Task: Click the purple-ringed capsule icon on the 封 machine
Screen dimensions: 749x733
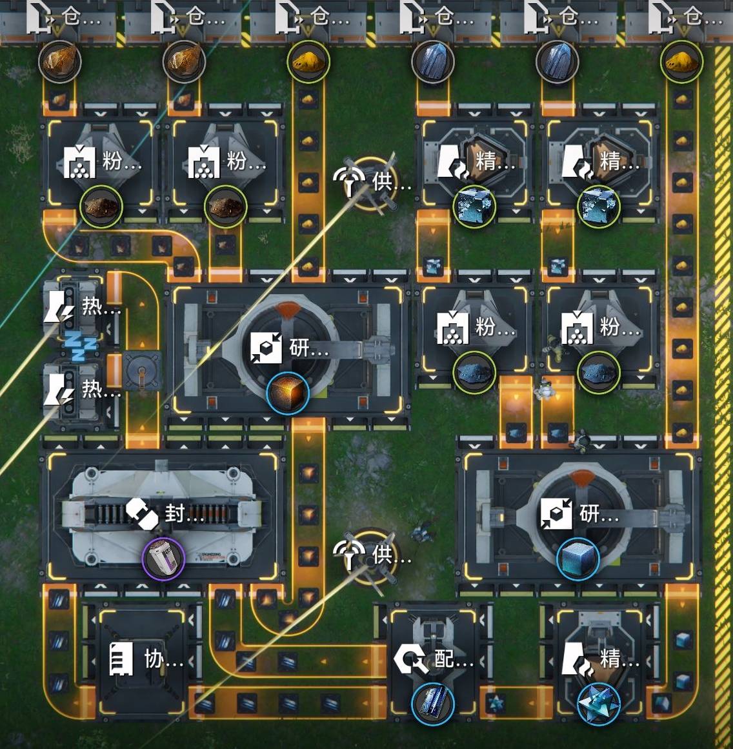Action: click(163, 559)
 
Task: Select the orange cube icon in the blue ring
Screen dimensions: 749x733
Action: click(288, 393)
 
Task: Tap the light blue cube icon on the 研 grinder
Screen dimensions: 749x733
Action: click(577, 559)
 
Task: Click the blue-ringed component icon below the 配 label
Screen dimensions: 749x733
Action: click(432, 704)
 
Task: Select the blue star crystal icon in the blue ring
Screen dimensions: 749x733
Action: click(598, 704)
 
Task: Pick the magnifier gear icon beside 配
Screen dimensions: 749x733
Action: click(411, 659)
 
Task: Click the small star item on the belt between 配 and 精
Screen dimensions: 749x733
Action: click(496, 702)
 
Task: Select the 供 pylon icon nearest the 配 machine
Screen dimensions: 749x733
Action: click(349, 555)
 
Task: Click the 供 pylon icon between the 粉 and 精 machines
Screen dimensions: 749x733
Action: click(349, 181)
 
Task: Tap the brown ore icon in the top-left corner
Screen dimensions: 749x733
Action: click(59, 62)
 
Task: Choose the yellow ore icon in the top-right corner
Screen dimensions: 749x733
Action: click(682, 62)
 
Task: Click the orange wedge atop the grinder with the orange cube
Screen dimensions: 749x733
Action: click(288, 309)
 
